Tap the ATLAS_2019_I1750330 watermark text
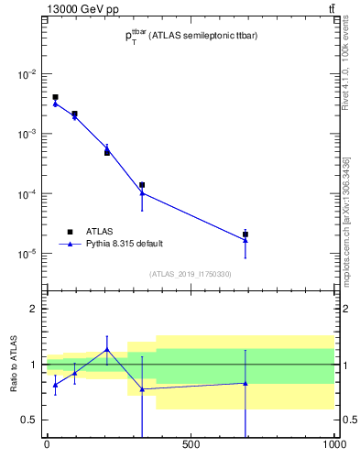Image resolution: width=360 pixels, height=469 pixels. pos(191,274)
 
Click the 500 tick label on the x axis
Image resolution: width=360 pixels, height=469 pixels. pos(191,446)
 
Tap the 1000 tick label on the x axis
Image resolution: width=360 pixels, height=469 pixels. pos(333,446)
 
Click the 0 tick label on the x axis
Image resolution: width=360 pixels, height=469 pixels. pos(46,446)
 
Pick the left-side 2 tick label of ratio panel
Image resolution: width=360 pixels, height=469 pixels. pos(34,309)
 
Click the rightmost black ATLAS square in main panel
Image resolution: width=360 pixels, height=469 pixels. pos(245,234)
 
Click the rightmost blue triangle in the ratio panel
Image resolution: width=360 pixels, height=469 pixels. pos(245,383)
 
